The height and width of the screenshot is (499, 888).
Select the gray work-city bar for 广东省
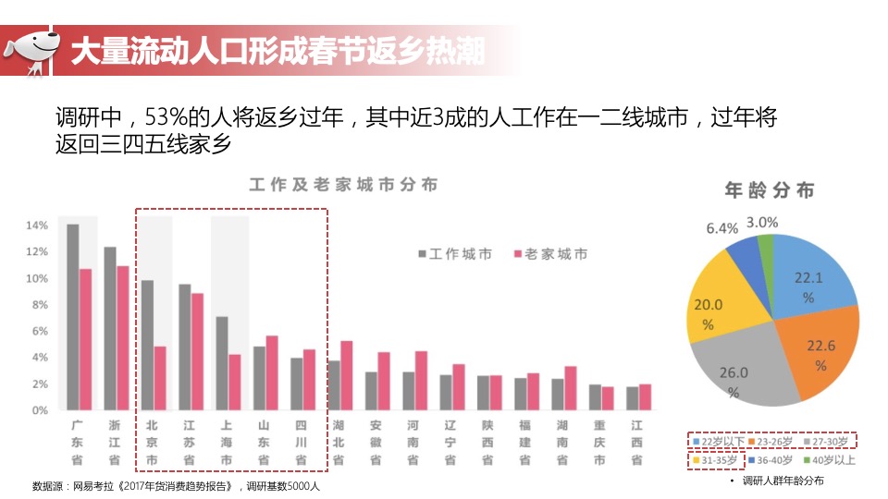(x=73, y=317)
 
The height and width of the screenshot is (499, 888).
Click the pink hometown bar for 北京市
(x=160, y=377)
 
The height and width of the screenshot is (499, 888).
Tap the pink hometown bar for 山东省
(x=272, y=371)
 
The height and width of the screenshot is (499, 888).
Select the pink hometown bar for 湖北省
(x=347, y=374)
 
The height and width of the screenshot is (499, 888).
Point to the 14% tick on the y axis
(x=37, y=225)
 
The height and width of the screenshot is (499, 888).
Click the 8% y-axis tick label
(x=37, y=305)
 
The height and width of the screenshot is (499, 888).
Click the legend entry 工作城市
(x=454, y=254)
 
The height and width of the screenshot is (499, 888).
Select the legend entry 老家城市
(x=549, y=254)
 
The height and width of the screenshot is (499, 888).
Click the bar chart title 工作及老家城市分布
(x=343, y=185)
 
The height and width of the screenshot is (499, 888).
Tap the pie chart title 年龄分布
(x=770, y=190)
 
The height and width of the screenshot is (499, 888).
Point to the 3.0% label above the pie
(x=761, y=223)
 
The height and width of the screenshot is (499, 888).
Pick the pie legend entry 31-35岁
(x=714, y=459)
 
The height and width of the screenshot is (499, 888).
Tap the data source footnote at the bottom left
(x=176, y=486)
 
